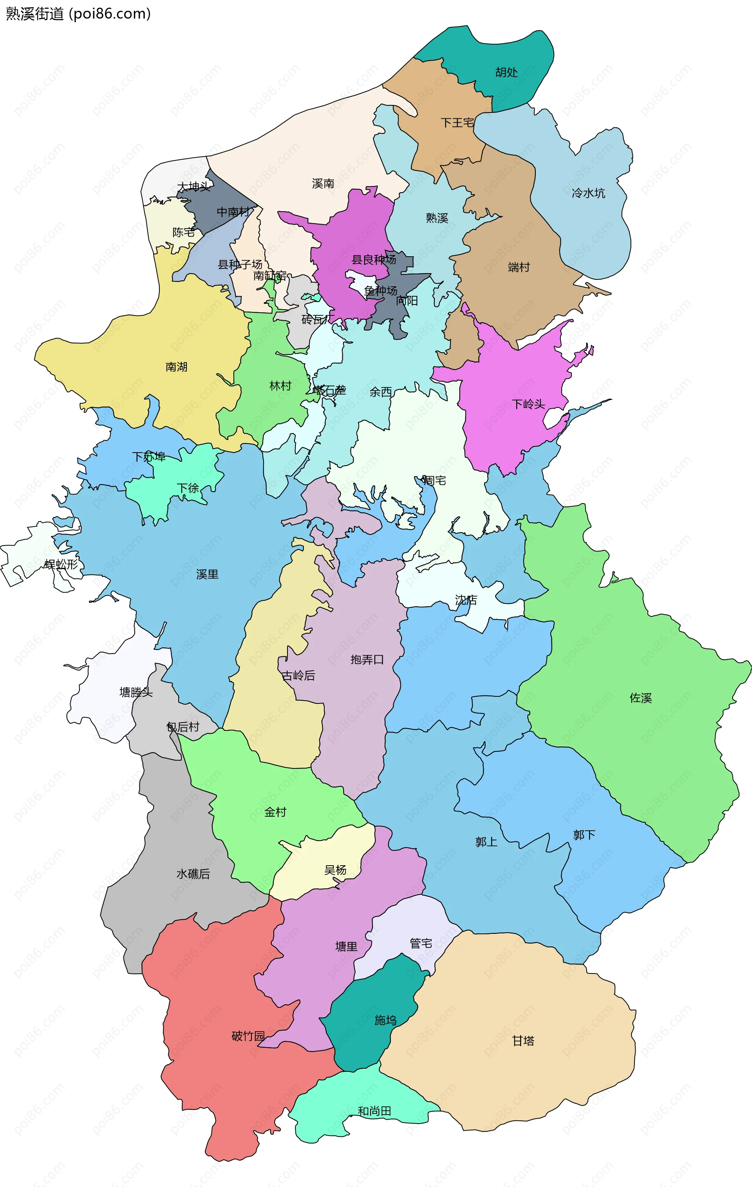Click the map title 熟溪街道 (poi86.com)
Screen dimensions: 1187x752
[x=78, y=13]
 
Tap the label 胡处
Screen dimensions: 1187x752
[x=506, y=72]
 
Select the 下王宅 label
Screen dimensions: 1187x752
[x=457, y=122]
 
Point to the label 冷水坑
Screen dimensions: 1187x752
[x=588, y=193]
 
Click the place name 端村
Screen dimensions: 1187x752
[x=519, y=267]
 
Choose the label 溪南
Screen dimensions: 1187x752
[x=323, y=183]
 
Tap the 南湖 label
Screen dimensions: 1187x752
[x=176, y=367]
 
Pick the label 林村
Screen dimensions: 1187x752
[x=280, y=386]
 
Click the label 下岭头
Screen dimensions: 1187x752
[x=528, y=404]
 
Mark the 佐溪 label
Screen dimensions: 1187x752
[x=641, y=698]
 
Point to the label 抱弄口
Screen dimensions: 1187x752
[x=367, y=660]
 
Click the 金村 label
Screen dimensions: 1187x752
[x=275, y=812]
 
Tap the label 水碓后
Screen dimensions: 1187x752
[x=193, y=874]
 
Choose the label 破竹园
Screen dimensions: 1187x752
[x=248, y=1036]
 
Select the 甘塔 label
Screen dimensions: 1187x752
[x=523, y=1040]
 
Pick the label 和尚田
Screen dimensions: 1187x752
[x=374, y=1111]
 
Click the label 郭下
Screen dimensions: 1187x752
[x=584, y=835]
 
